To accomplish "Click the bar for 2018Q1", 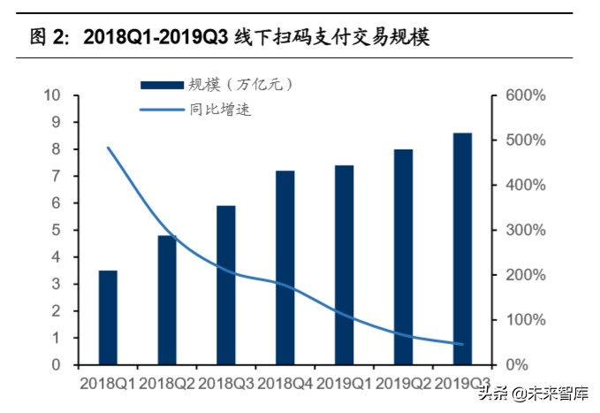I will click(x=108, y=317).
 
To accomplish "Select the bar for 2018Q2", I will click(x=167, y=300).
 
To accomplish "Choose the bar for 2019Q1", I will click(x=345, y=264).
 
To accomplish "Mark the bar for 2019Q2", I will click(x=403, y=256).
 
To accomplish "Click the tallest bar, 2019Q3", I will click(x=462, y=249).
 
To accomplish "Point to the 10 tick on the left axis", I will click(x=53, y=96).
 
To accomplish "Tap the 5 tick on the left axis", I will click(x=57, y=230).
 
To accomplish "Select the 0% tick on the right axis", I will click(x=517, y=364).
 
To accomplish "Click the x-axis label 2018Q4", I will click(x=285, y=384).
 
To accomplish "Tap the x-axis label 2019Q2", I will click(x=404, y=384).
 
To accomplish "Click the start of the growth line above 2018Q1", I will click(x=108, y=148).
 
